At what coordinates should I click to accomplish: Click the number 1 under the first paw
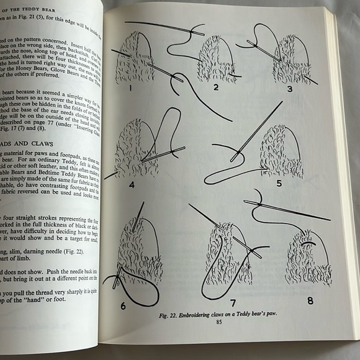pyautogui.click(x=131, y=88)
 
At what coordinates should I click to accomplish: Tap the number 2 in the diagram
pyautogui.click(x=215, y=87)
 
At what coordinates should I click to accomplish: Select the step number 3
pyautogui.click(x=290, y=88)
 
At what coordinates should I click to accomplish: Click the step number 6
pyautogui.click(x=123, y=305)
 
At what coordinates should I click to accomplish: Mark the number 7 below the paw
pyautogui.click(x=233, y=303)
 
